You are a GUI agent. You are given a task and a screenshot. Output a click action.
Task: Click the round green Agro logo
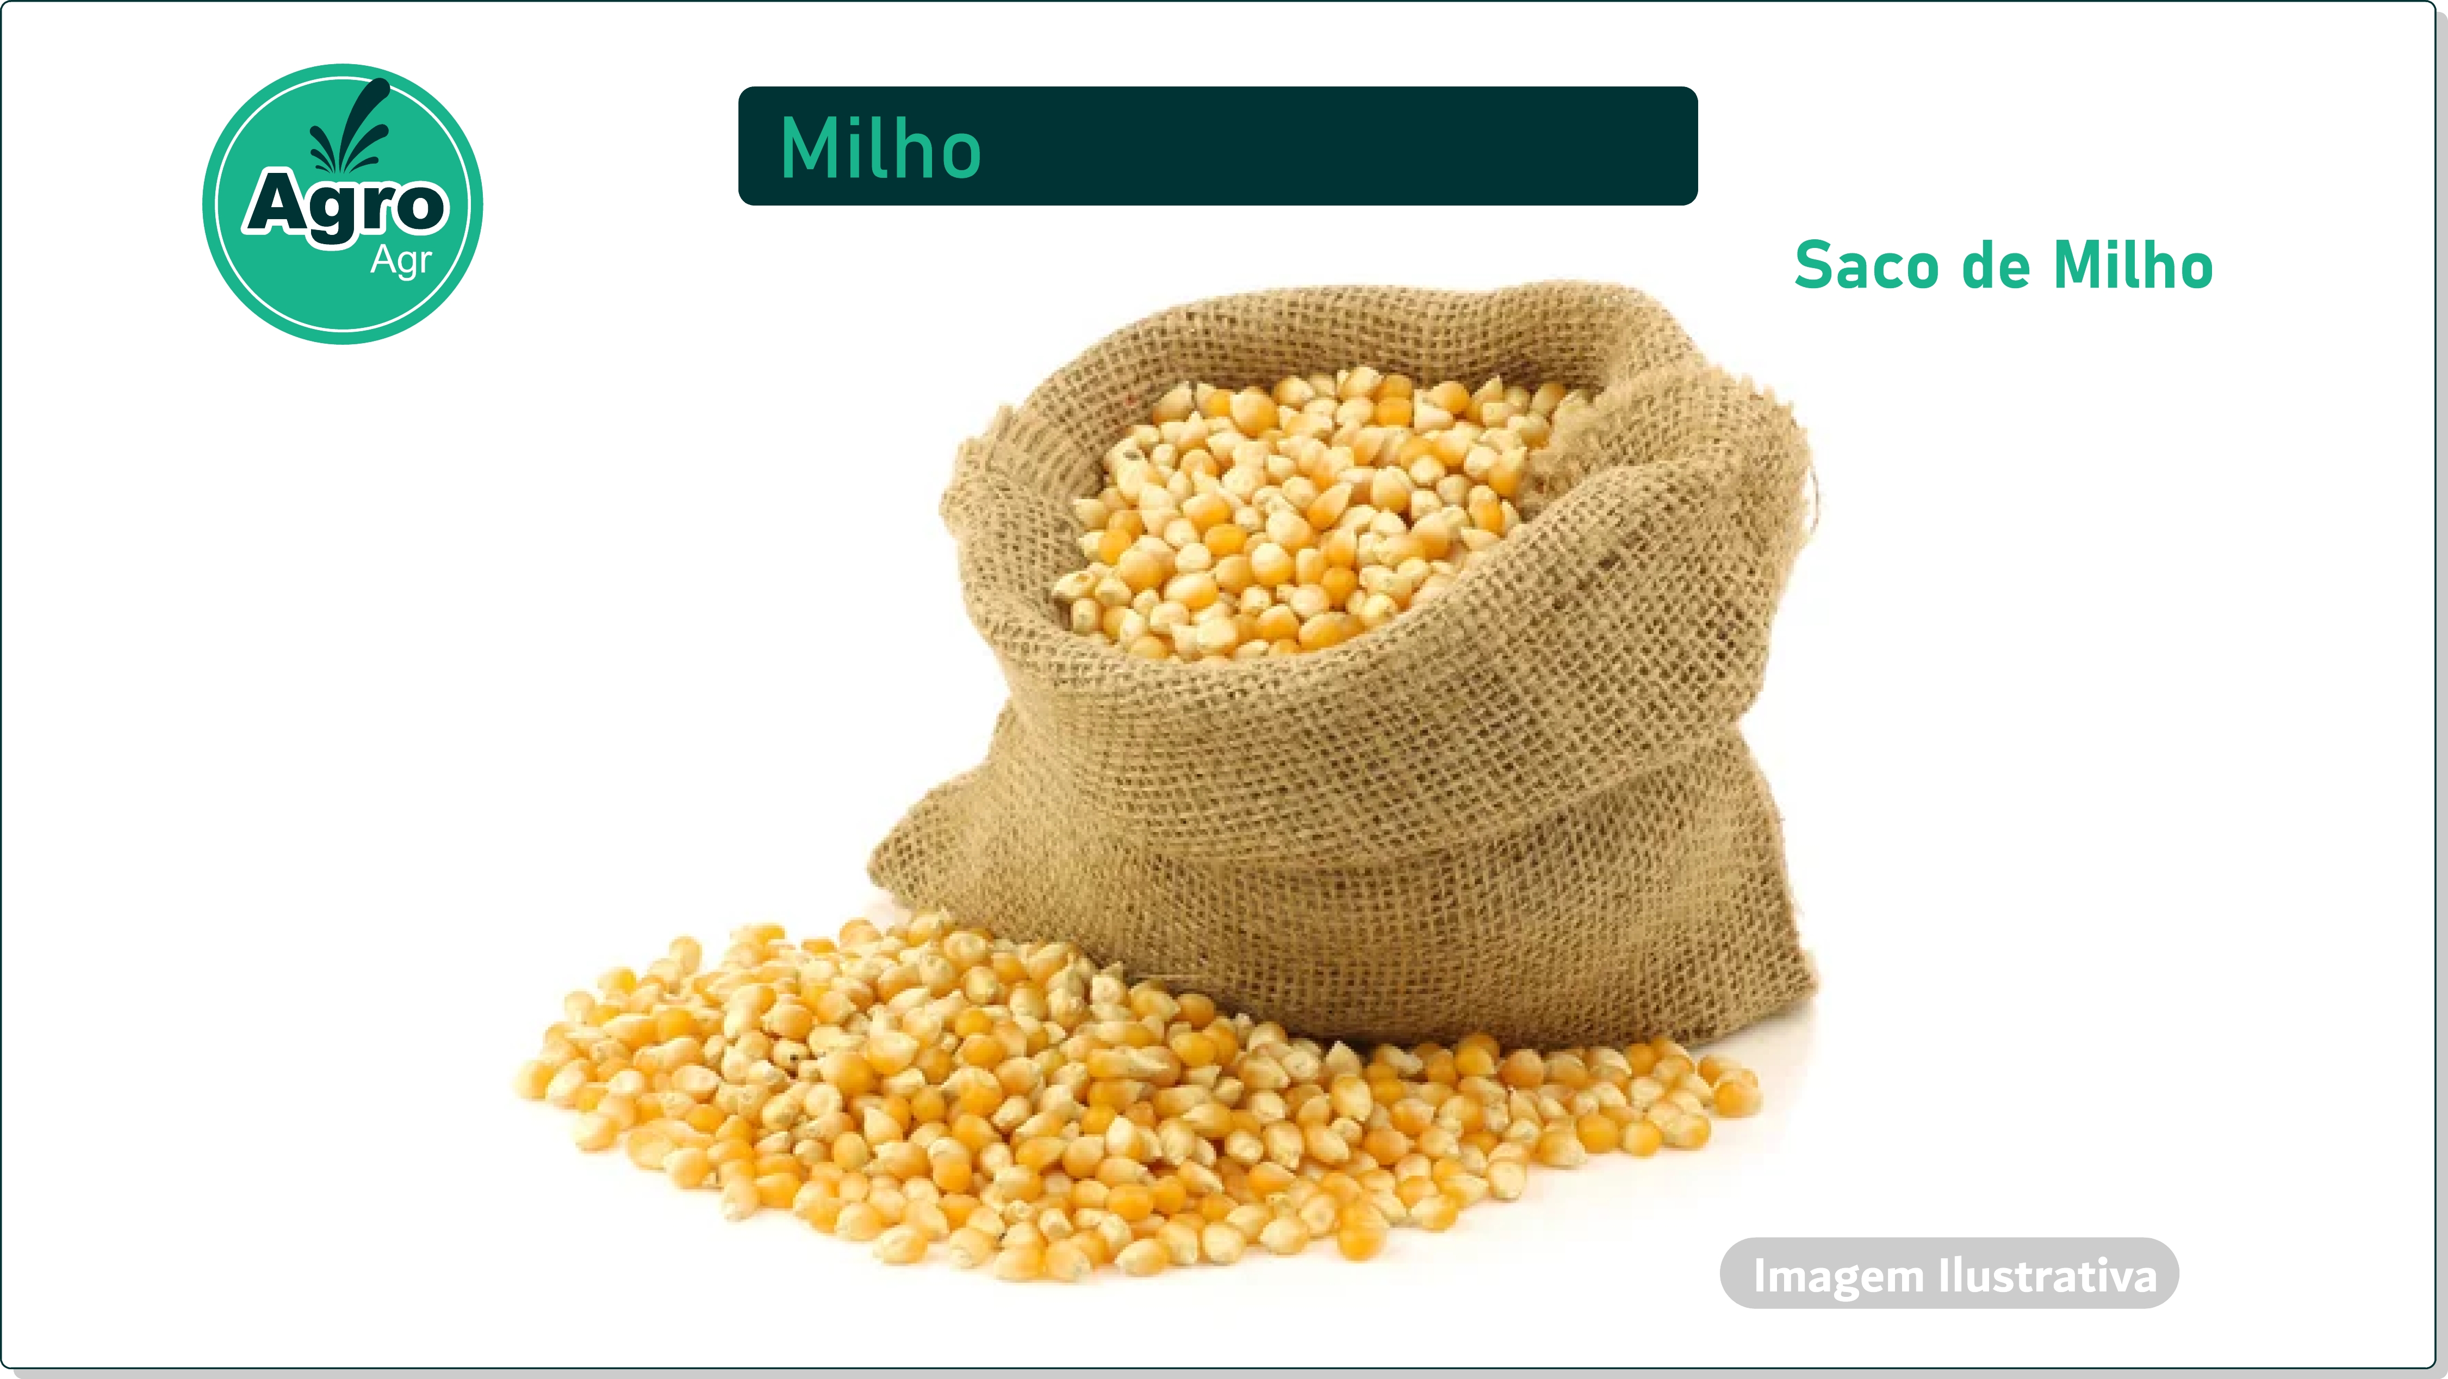(343, 204)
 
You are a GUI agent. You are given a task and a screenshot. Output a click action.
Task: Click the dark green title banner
(1217, 145)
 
